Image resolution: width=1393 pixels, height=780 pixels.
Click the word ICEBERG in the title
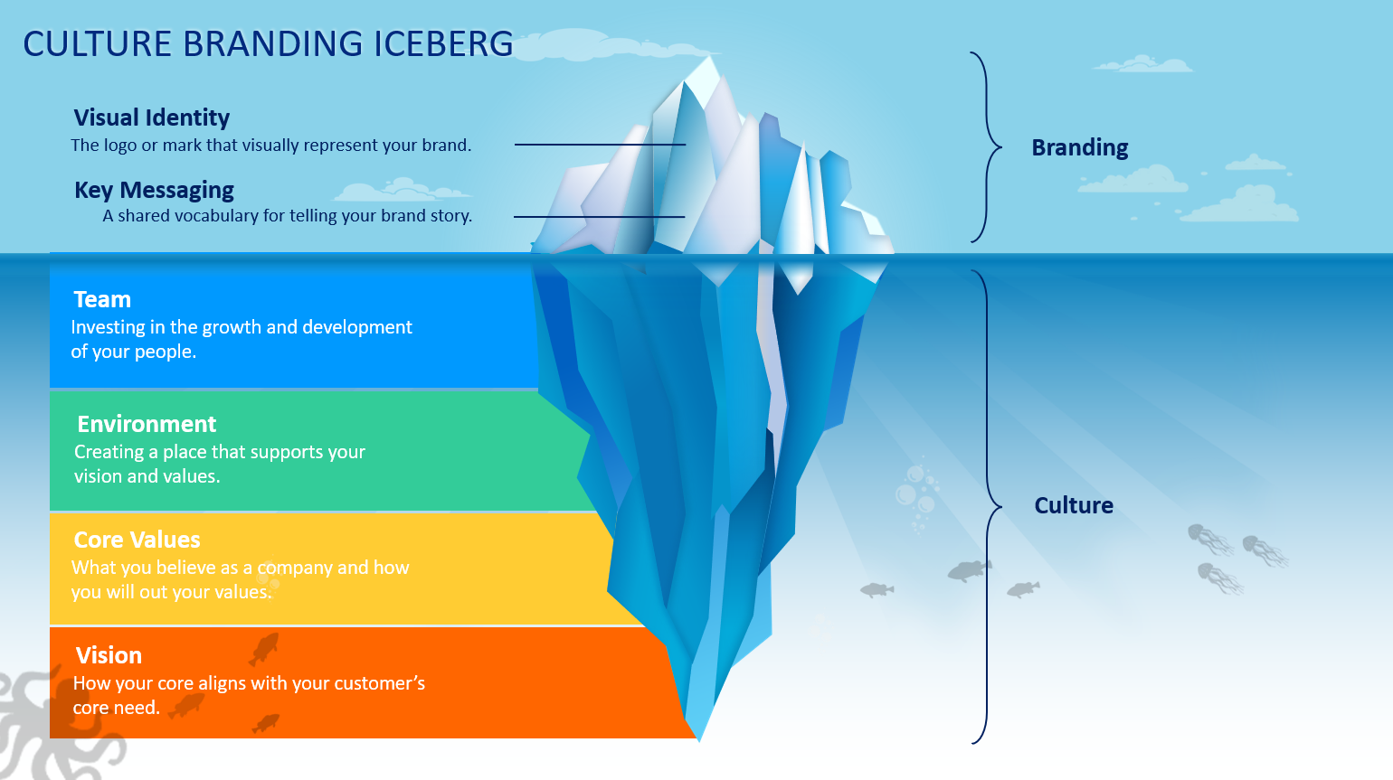pyautogui.click(x=443, y=43)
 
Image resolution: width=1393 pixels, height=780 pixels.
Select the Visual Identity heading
pyautogui.click(x=152, y=117)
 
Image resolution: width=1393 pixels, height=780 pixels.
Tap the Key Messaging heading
pyautogui.click(x=154, y=190)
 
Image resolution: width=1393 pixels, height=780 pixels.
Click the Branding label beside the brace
pyautogui.click(x=1080, y=148)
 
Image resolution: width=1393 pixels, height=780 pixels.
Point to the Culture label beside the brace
pyautogui.click(x=1074, y=505)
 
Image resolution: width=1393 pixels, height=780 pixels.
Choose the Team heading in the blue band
pyautogui.click(x=102, y=299)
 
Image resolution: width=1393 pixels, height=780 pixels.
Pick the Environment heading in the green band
pyautogui.click(x=147, y=424)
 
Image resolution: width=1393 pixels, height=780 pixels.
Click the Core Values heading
pyautogui.click(x=137, y=540)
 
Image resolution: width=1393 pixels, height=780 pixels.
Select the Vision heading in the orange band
pyautogui.click(x=109, y=655)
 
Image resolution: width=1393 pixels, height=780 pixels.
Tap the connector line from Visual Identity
pyautogui.click(x=600, y=145)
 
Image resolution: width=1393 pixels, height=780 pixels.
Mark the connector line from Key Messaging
pyautogui.click(x=600, y=217)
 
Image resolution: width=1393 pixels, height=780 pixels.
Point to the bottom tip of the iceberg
pyautogui.click(x=699, y=741)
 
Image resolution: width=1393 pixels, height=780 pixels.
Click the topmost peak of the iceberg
pyautogui.click(x=709, y=57)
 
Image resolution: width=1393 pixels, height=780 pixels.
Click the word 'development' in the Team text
pyautogui.click(x=357, y=327)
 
